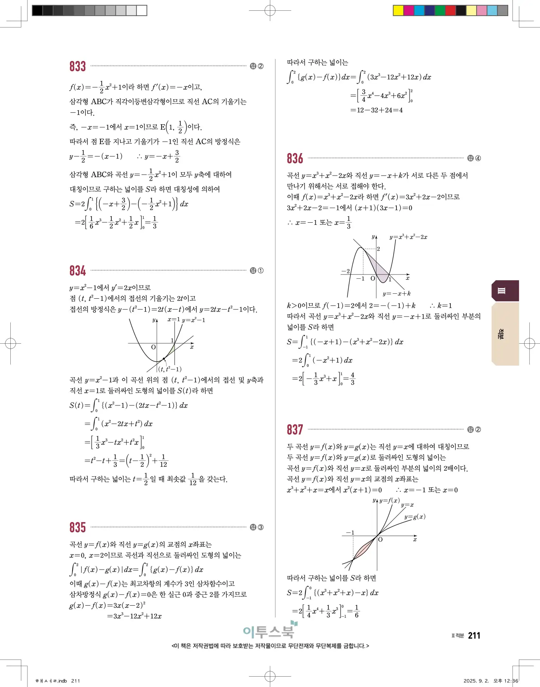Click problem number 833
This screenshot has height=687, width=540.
point(77,66)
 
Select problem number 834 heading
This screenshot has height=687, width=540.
point(77,271)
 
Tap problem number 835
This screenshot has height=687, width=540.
point(77,527)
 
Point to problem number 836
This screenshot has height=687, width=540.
point(295,158)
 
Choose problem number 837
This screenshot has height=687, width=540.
point(295,430)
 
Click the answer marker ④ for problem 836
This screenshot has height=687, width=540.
point(478,158)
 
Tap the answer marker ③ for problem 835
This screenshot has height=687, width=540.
point(261,527)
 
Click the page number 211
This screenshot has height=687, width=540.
point(474,636)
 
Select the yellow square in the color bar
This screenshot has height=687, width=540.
point(398,10)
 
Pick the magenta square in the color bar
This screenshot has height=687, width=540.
point(409,10)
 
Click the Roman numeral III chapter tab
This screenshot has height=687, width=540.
point(501,291)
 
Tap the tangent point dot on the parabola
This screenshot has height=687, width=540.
point(164,359)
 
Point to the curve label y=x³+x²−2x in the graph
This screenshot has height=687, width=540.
point(408,237)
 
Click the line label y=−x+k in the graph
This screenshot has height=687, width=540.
point(396,294)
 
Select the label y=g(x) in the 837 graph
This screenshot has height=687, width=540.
point(415,517)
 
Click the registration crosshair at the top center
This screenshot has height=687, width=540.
point(270,10)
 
